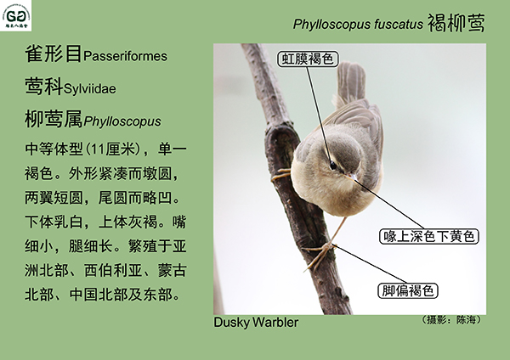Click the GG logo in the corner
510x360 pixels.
click(x=15, y=15)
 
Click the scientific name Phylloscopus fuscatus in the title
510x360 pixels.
click(x=358, y=24)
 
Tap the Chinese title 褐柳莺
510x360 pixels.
click(x=456, y=23)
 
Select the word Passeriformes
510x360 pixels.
click(x=125, y=56)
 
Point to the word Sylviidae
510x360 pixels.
click(x=90, y=88)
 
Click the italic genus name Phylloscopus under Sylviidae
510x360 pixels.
click(x=122, y=121)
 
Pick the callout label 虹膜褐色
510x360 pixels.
click(x=308, y=59)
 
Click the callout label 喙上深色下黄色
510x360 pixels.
click(x=429, y=236)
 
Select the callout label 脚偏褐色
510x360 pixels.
click(x=408, y=290)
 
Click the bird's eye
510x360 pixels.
click(x=333, y=166)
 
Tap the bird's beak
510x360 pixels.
click(x=352, y=177)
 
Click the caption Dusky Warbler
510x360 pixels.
click(x=256, y=323)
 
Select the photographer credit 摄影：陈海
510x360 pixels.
click(x=450, y=320)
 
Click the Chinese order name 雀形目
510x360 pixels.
click(x=54, y=54)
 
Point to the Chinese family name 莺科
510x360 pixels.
click(x=44, y=87)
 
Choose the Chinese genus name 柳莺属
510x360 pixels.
click(x=54, y=119)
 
